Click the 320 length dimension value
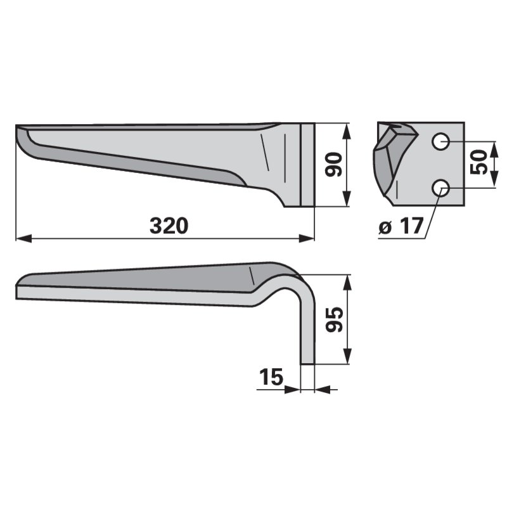point(169,226)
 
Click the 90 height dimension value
point(333,165)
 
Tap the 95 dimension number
point(334,319)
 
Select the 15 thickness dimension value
point(271,376)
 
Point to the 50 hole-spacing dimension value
point(478,162)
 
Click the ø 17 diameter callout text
point(401,226)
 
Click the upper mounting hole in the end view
point(440,141)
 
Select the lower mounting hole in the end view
point(440,188)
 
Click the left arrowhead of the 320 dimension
point(23,239)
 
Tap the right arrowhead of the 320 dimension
point(307,239)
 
